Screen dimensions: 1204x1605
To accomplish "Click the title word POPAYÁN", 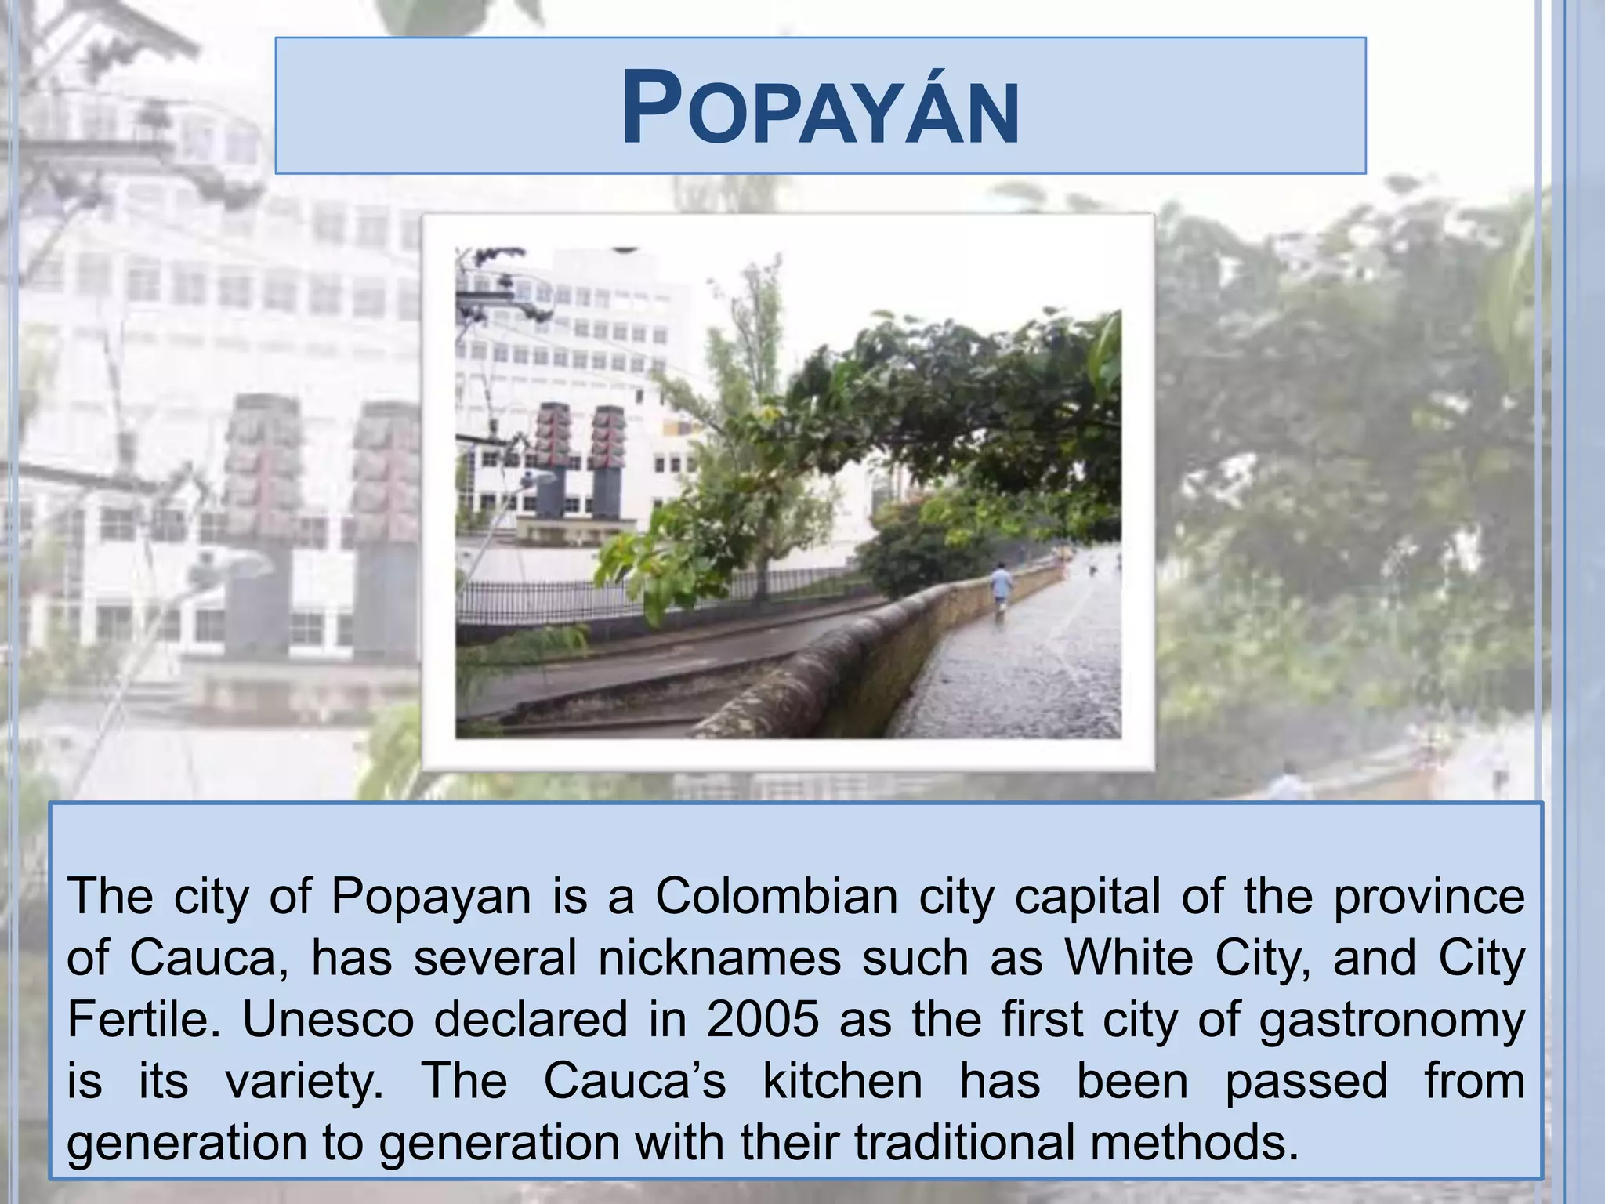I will coord(820,108).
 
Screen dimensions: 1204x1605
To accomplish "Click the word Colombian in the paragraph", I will coord(777,896).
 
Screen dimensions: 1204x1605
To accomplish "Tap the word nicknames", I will coord(719,958).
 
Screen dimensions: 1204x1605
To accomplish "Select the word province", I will coord(1429,897).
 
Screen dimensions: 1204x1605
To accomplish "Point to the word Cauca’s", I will coord(635,1082).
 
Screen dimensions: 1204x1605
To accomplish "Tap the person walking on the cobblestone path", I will coord(1001,589).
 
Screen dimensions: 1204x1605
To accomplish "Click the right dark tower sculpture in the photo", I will coord(607,462).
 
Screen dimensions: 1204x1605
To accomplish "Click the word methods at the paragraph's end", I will coord(1194,1144).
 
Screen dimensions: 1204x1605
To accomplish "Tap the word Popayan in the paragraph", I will coord(431,898).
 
